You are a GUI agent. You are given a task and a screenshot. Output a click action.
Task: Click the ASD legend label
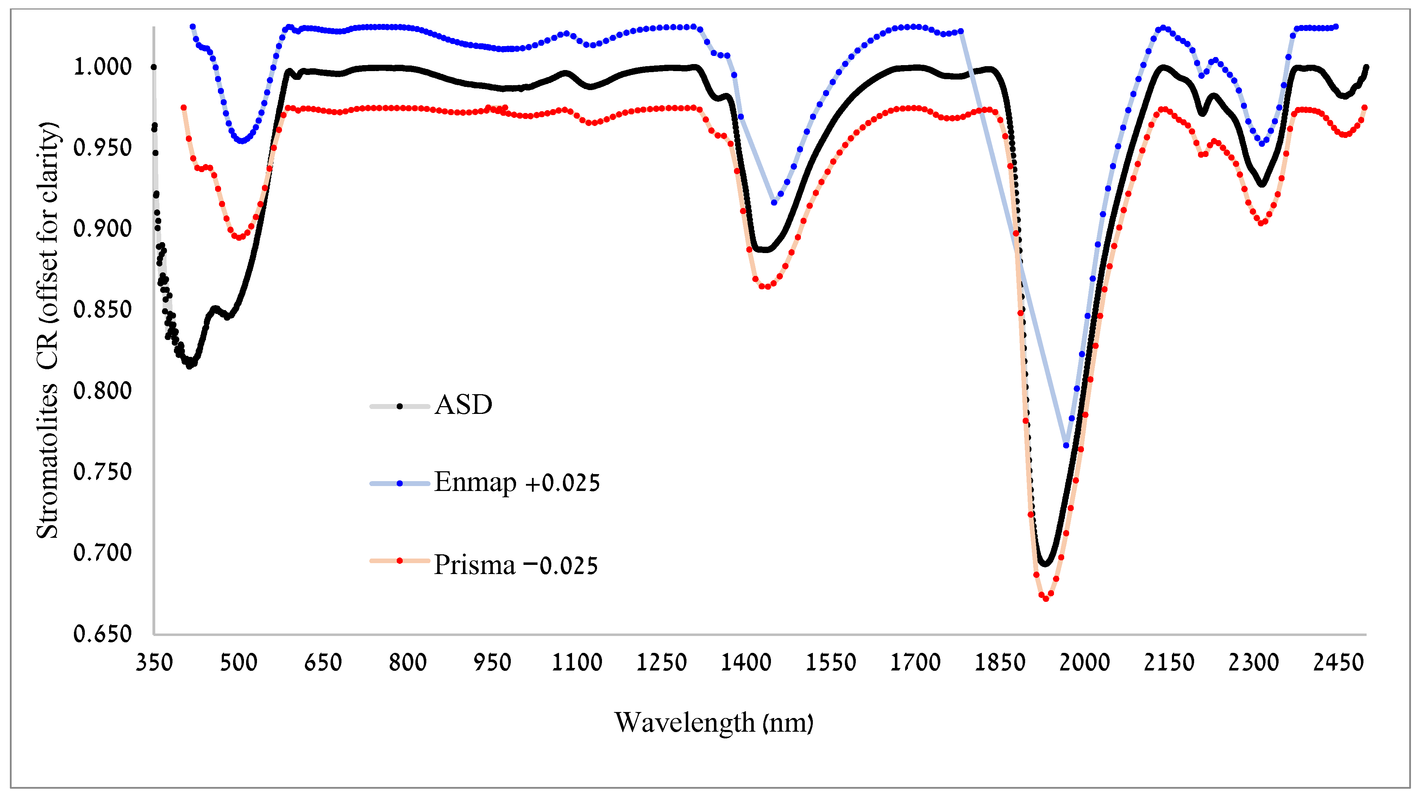pyautogui.click(x=463, y=405)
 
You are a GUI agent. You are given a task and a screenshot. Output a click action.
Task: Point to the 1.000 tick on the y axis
pyautogui.click(x=103, y=67)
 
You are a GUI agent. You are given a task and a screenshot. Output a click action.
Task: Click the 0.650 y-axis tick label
pyautogui.click(x=103, y=634)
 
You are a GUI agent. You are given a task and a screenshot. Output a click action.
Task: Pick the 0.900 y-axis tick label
pyautogui.click(x=103, y=229)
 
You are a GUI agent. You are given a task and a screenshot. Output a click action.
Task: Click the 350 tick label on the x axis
pyautogui.click(x=154, y=662)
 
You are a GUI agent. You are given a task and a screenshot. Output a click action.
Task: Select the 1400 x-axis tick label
pyautogui.click(x=746, y=662)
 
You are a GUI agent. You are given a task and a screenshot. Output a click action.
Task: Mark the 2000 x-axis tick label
pyautogui.click(x=1084, y=662)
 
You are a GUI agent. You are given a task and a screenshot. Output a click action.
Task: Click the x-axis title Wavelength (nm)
pyautogui.click(x=714, y=723)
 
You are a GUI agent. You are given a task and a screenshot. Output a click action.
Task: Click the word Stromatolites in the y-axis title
pyautogui.click(x=47, y=461)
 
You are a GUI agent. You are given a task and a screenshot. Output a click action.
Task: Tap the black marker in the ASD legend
pyautogui.click(x=400, y=407)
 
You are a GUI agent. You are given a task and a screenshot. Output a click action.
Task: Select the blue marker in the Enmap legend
pyautogui.click(x=400, y=484)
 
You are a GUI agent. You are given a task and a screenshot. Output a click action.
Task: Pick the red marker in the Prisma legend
pyautogui.click(x=400, y=561)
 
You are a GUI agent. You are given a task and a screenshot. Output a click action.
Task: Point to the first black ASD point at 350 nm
pyautogui.click(x=153, y=67)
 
